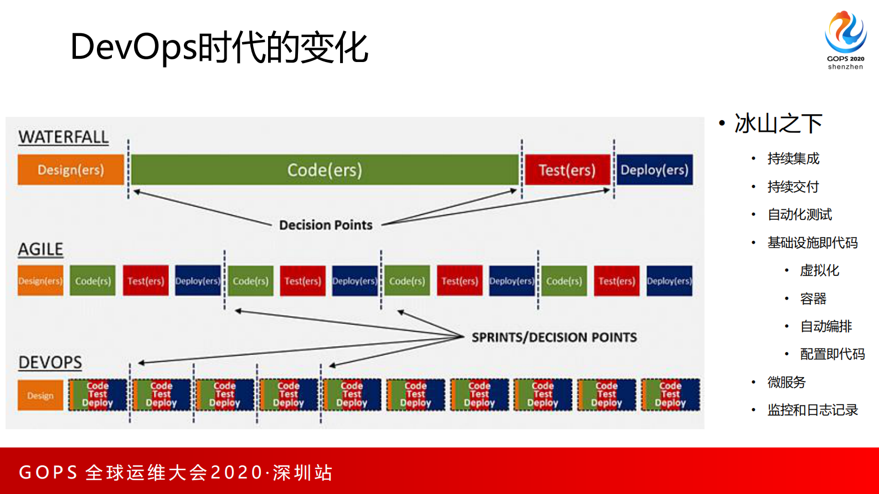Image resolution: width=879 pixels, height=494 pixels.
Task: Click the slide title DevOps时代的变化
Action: (x=219, y=47)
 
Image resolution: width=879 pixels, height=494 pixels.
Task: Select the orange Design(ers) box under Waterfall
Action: (x=71, y=170)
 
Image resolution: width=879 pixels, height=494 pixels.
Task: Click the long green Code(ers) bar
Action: (x=325, y=170)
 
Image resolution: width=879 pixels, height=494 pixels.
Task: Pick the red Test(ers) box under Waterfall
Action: (x=567, y=170)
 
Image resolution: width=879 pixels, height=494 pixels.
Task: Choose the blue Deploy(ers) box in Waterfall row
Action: (x=654, y=170)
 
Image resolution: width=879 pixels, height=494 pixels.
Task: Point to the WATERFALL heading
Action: (x=63, y=137)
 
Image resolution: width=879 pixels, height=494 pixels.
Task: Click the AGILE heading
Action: (x=40, y=249)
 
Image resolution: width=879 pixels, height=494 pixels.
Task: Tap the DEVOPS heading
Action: (x=50, y=363)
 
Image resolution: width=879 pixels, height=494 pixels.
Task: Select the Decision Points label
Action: (x=326, y=225)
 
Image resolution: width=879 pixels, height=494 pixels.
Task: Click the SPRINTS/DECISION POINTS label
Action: (x=554, y=337)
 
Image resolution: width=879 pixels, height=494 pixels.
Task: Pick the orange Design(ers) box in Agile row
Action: (x=40, y=281)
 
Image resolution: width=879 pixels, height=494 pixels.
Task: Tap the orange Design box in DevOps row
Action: (x=40, y=395)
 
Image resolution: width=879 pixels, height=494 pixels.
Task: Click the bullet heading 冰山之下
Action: (x=778, y=124)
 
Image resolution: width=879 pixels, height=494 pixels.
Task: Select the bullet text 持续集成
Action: (x=793, y=159)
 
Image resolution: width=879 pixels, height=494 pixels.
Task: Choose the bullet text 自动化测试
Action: (x=799, y=214)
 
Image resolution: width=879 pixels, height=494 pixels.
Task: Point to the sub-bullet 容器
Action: (x=813, y=299)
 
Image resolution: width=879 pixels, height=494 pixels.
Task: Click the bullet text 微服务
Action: (x=786, y=382)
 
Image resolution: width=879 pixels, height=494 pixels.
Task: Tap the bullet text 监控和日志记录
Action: (x=812, y=410)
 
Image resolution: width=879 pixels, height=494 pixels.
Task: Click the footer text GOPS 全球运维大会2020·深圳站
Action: (x=176, y=472)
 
